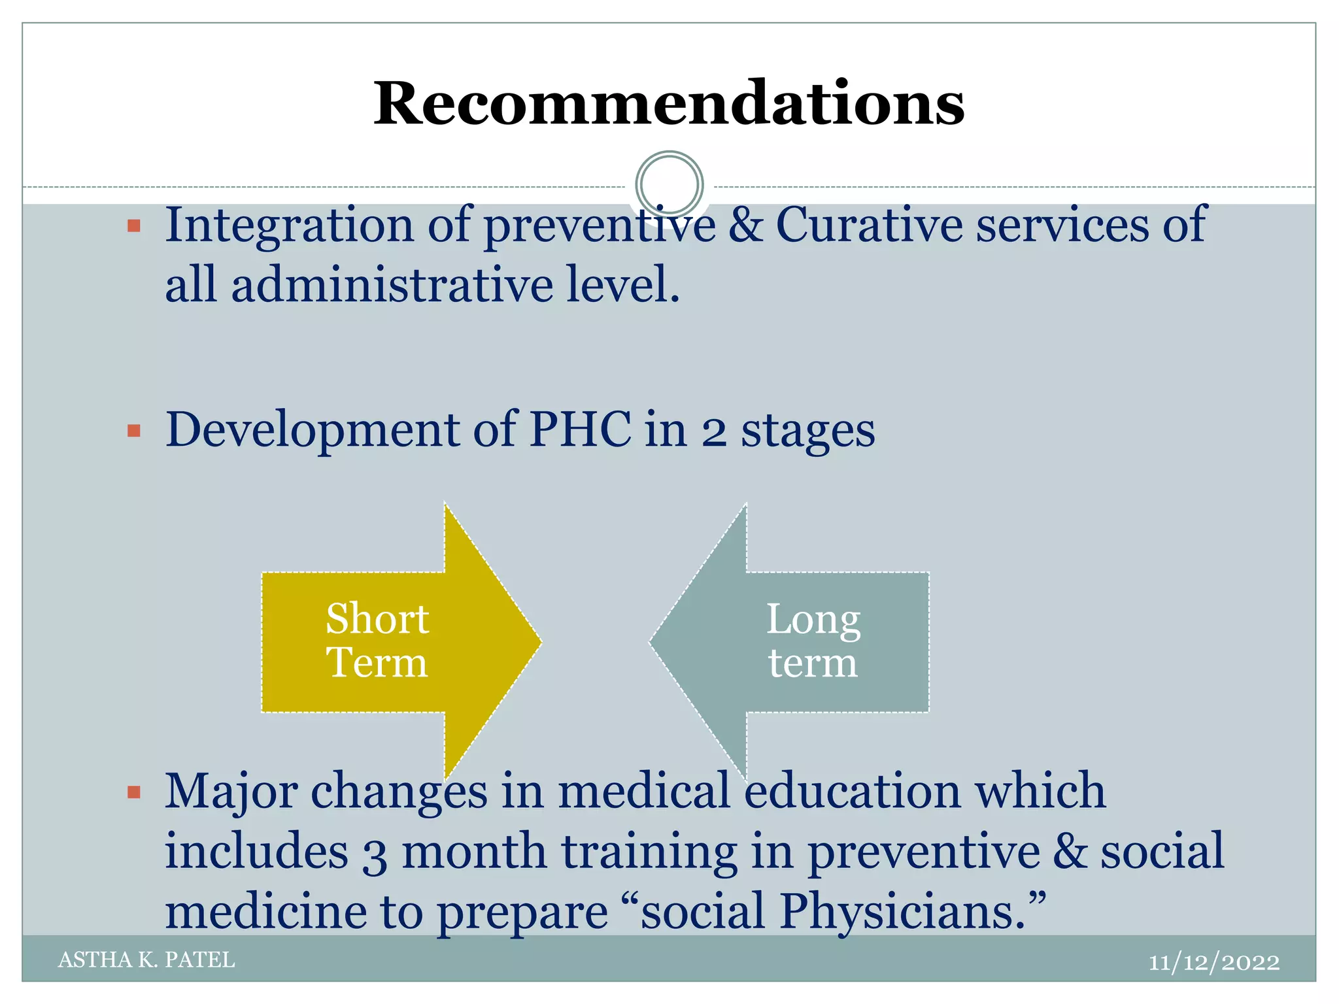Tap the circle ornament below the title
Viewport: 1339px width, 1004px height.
coord(669,184)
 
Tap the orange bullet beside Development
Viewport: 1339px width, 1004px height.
coord(134,431)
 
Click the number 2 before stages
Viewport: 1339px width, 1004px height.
coord(714,432)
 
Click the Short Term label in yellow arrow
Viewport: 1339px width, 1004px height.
coord(377,641)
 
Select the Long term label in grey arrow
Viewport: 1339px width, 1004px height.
coord(813,641)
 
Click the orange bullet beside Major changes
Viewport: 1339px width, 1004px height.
coord(134,793)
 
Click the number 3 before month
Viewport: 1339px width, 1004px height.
coord(375,854)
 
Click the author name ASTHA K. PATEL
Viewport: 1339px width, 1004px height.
coord(146,960)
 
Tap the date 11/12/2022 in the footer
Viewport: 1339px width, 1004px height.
coord(1213,962)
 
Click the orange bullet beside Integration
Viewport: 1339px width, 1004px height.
coord(134,227)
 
